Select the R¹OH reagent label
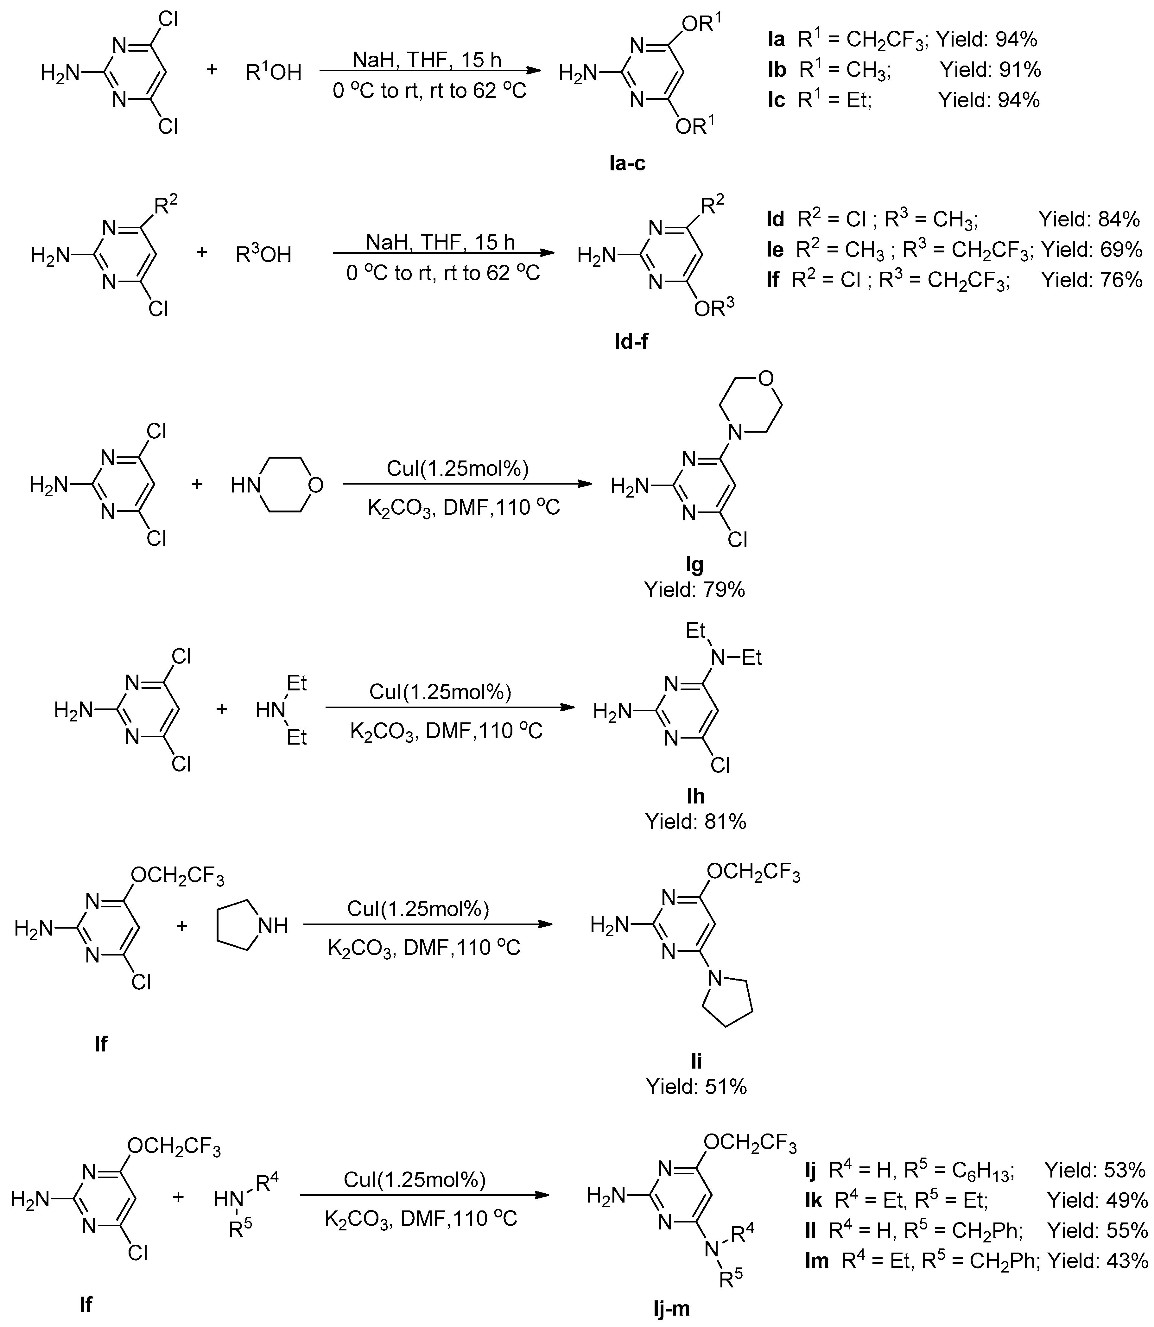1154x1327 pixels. pyautogui.click(x=274, y=72)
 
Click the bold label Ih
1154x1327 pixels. pyautogui.click(x=695, y=797)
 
